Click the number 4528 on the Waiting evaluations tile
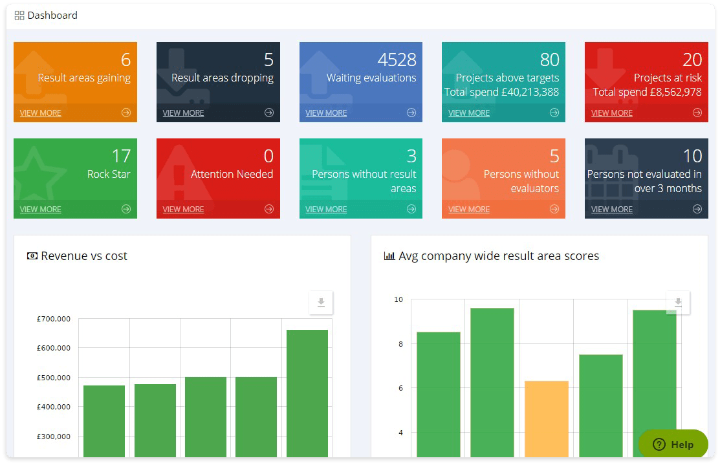pyautogui.click(x=397, y=60)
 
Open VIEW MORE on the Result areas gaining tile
pyautogui.click(x=40, y=113)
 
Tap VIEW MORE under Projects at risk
pyautogui.click(x=611, y=113)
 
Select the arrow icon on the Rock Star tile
pyautogui.click(x=126, y=209)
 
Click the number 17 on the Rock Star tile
pyautogui.click(x=121, y=157)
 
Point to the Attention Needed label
pyautogui.click(x=232, y=174)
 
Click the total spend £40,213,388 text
pyautogui.click(x=501, y=92)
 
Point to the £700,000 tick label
pyautogui.click(x=54, y=319)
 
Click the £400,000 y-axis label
pyautogui.click(x=54, y=407)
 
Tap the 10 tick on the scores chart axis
pyautogui.click(x=398, y=299)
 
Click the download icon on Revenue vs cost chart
pyautogui.click(x=321, y=303)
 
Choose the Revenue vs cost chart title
pyautogui.click(x=84, y=256)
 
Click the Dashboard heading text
pyautogui.click(x=52, y=16)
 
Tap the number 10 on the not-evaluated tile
pyautogui.click(x=692, y=157)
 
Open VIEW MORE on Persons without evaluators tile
pyautogui.click(x=469, y=210)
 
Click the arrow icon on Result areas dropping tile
pyautogui.click(x=269, y=113)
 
